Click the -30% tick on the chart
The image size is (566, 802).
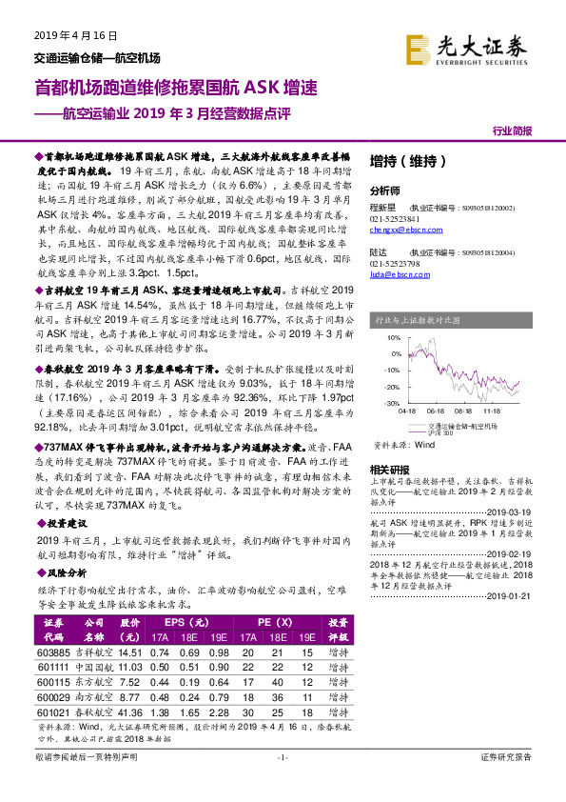pos(392,404)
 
